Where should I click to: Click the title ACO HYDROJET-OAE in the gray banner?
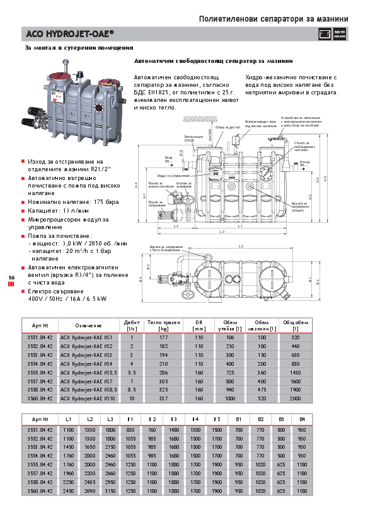point(70,33)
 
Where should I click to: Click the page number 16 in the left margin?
point(11,278)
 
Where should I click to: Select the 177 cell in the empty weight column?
point(164,338)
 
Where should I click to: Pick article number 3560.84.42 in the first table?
point(40,398)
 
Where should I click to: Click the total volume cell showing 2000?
point(295,398)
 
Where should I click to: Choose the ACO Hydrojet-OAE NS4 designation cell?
point(86,364)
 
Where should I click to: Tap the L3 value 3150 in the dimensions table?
point(110,490)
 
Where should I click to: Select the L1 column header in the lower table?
point(68,419)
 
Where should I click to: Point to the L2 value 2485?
point(89,482)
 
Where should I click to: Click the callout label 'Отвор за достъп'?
point(228,127)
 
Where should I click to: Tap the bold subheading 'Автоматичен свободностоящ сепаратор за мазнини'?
point(213,62)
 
